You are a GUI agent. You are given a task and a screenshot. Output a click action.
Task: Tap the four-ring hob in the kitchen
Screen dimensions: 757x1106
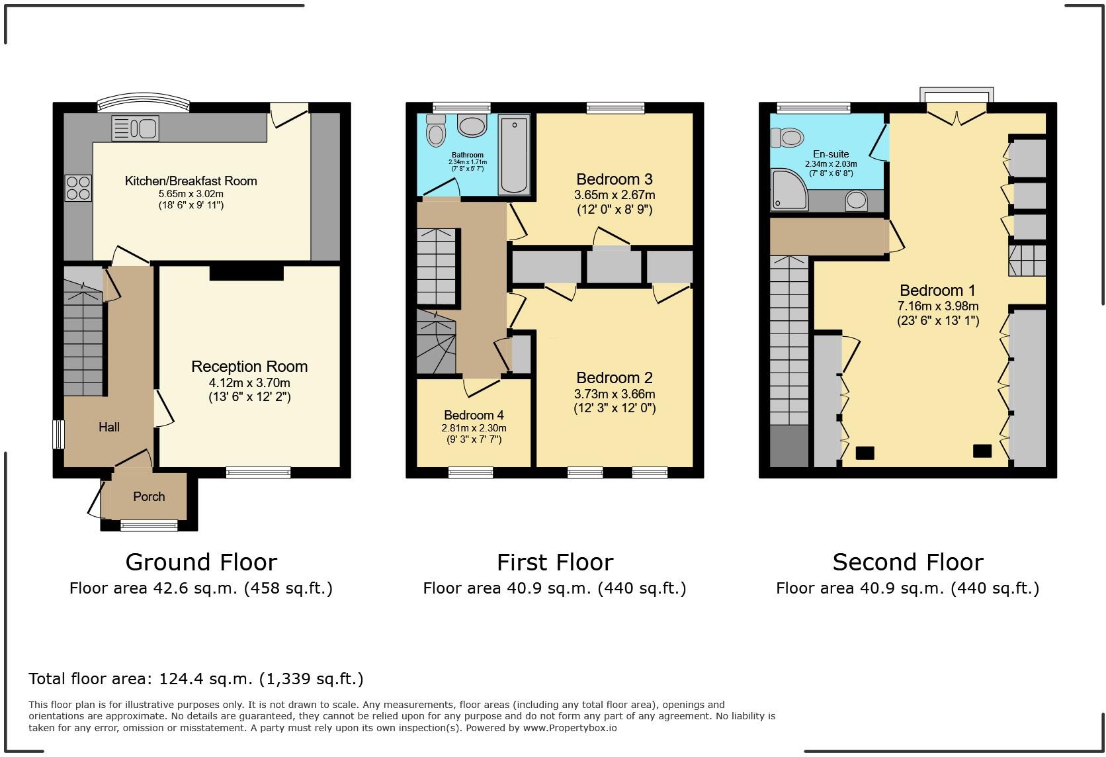coord(78,187)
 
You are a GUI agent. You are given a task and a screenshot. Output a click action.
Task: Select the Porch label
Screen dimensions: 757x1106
coord(149,496)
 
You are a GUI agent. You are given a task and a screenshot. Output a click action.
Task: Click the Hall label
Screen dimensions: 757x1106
coord(109,427)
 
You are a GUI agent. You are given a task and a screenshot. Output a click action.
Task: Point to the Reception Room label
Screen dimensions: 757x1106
coord(249,367)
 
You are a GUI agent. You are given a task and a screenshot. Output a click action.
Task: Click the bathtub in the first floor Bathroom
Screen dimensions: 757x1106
coord(514,155)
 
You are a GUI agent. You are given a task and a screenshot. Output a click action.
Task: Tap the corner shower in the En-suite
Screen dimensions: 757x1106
coord(788,188)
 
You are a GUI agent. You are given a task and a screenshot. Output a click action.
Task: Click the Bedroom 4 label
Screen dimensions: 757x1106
coord(474,415)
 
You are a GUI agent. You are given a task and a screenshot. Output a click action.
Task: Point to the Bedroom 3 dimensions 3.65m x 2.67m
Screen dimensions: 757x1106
coord(615,195)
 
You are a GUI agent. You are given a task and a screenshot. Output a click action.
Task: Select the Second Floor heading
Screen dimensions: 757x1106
coord(908,562)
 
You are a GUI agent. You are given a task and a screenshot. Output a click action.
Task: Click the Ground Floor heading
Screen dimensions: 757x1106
coord(201,562)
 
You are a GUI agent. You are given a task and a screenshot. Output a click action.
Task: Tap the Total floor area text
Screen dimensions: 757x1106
coord(196,678)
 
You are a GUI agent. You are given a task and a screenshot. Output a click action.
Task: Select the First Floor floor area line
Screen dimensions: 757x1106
coord(554,588)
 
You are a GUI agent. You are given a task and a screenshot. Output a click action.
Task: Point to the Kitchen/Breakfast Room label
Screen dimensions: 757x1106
coord(191,181)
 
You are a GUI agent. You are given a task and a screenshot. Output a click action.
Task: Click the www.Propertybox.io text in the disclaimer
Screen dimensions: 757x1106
coord(570,728)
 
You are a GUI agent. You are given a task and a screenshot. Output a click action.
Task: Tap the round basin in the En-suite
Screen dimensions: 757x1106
coord(857,200)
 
